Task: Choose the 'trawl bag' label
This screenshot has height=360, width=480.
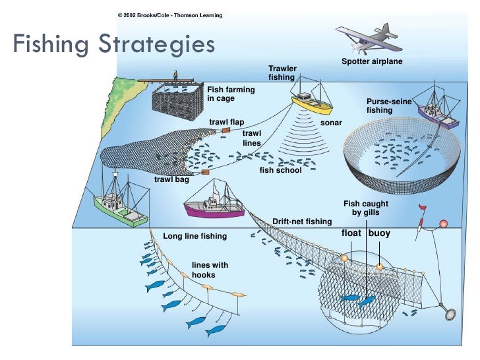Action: point(171,179)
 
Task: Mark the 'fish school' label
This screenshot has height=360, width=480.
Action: point(280,170)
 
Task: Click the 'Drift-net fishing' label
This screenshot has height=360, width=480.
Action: point(301,221)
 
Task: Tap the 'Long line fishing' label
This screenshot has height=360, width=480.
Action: point(195,235)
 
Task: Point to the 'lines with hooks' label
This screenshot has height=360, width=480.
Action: point(210,270)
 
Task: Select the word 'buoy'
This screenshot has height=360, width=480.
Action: point(379,233)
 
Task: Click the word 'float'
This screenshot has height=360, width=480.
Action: point(351,233)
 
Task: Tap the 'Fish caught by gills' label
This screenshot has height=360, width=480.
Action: point(366,208)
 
